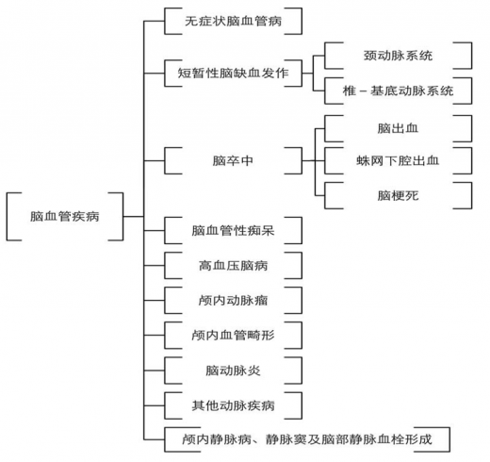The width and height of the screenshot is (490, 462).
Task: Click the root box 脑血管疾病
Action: [x=65, y=217]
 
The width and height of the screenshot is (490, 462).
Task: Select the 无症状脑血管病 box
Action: [x=233, y=21]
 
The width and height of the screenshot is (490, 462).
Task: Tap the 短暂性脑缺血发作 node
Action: [x=233, y=74]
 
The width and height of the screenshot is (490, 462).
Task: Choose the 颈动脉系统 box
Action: [x=398, y=56]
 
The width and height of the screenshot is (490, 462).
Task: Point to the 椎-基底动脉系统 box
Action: [x=398, y=91]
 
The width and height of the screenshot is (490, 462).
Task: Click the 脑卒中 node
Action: [x=233, y=160]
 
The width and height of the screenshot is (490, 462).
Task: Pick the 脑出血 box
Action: [x=398, y=128]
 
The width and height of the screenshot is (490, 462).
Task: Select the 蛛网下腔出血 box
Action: [x=398, y=160]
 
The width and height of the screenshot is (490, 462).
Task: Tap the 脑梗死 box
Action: [x=398, y=195]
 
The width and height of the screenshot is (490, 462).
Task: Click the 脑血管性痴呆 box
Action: [x=233, y=230]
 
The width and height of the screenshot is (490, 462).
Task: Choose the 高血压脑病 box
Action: [x=233, y=266]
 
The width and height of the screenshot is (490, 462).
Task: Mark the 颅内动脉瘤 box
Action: [x=233, y=301]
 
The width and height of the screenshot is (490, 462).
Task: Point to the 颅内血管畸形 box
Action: [x=233, y=336]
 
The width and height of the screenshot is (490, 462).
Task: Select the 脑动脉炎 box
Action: [x=233, y=371]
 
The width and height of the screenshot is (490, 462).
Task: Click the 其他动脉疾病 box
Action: [x=233, y=405]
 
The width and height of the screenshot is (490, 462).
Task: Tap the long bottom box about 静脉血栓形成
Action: [x=307, y=439]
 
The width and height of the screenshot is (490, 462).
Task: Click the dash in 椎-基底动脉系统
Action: [x=363, y=91]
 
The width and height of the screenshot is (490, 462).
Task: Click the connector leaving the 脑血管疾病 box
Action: [x=134, y=217]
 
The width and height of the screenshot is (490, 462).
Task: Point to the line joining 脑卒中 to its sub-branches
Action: [x=308, y=160]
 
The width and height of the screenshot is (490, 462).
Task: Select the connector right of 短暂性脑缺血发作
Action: [x=307, y=74]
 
